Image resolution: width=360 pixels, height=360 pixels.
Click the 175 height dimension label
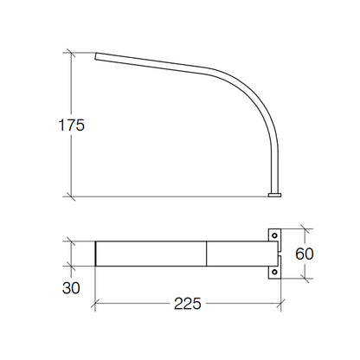click(x=72, y=125)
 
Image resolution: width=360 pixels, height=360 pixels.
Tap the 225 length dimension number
click(x=188, y=304)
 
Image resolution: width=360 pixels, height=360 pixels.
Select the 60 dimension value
click(x=305, y=254)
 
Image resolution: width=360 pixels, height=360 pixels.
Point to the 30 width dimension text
click(x=71, y=288)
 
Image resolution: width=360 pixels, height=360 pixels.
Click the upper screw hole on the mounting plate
click(x=274, y=235)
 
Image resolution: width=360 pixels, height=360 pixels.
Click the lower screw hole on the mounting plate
click(x=274, y=272)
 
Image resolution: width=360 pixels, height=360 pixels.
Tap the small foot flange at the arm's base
click(x=274, y=195)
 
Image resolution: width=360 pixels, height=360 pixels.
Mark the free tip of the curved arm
click(x=96, y=56)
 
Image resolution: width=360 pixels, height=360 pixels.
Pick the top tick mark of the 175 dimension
click(x=71, y=53)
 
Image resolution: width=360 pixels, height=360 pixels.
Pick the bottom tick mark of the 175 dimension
click(x=71, y=196)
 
